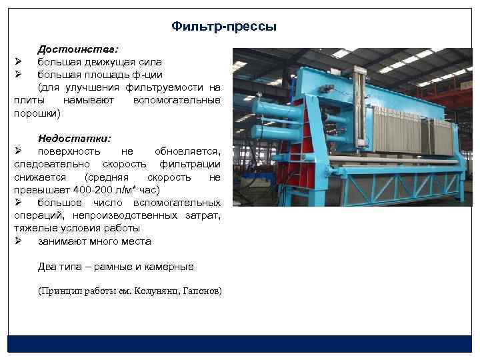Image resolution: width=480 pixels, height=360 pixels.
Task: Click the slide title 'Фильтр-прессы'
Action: coord(223,27)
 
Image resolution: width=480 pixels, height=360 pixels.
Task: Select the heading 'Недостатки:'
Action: coord(75,139)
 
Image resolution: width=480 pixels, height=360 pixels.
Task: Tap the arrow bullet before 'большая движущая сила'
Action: coord(19,62)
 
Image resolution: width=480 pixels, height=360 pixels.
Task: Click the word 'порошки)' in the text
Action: coord(37,113)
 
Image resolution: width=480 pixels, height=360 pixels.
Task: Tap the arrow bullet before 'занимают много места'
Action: coord(19,241)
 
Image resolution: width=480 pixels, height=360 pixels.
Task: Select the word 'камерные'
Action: coord(171,267)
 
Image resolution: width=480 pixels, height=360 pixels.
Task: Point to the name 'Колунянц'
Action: coord(155,291)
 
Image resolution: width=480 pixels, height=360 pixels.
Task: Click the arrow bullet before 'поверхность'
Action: coord(19,151)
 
